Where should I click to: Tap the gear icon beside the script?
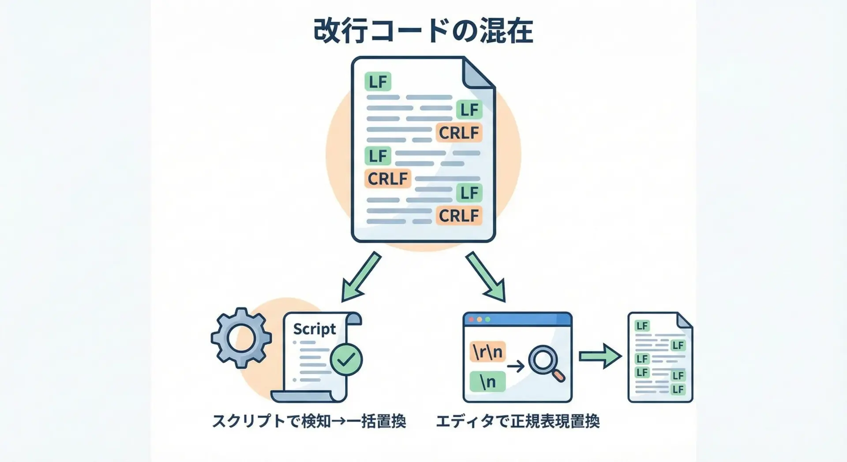241,338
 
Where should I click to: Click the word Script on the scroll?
314,329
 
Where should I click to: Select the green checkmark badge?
346,360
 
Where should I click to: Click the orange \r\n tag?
487,352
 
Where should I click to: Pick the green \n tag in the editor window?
487,382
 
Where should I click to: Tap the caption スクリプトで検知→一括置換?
309,421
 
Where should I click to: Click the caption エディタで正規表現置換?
517,421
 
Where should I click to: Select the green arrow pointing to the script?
361,277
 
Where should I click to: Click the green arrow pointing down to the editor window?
486,277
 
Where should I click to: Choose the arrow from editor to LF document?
600,356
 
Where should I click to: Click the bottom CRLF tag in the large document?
459,216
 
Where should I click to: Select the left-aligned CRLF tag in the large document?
388,179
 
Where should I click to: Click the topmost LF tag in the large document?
378,82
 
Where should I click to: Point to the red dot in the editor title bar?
471,319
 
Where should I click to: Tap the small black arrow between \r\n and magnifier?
515,366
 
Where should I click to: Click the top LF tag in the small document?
642,326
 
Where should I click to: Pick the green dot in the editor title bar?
487,319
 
